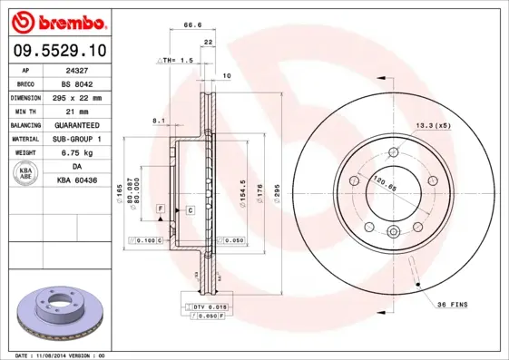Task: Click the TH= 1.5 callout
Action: tap(178, 60)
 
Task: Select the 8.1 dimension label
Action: tap(157, 120)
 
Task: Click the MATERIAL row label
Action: tap(24, 139)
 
